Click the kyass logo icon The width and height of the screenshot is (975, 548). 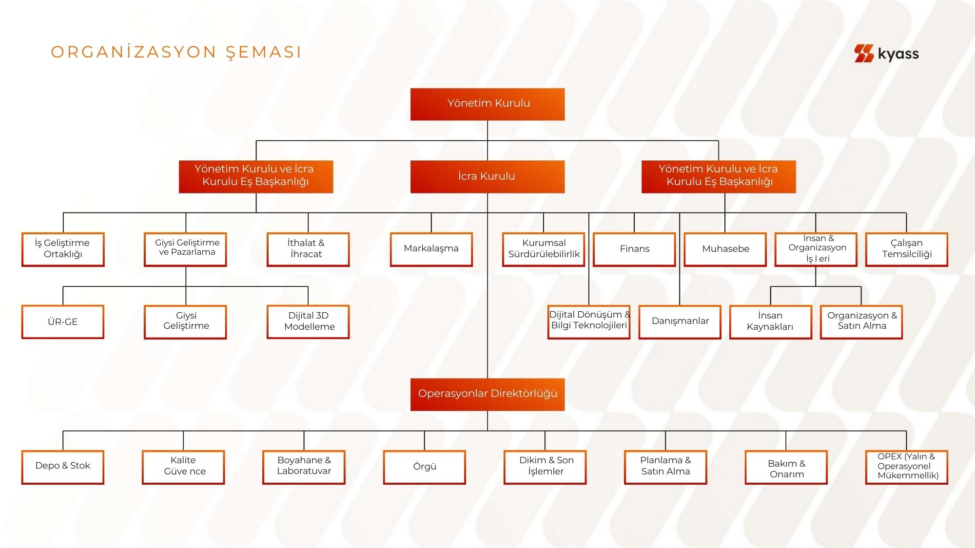(x=863, y=53)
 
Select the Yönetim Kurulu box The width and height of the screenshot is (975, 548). (x=487, y=104)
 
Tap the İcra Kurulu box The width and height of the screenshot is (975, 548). (x=487, y=176)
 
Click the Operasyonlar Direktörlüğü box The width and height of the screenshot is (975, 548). (x=487, y=394)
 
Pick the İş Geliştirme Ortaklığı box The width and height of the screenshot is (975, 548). (x=63, y=249)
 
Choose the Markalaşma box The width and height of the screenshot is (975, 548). (x=431, y=249)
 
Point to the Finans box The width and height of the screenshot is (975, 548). (x=634, y=249)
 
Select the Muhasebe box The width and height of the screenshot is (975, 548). (x=725, y=249)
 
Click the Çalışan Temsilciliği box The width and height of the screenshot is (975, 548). (x=906, y=249)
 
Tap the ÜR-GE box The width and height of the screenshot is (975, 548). (x=63, y=321)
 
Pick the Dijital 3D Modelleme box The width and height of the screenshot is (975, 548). (x=308, y=321)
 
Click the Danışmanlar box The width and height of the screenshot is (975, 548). (x=680, y=321)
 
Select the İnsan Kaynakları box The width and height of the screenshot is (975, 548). (x=770, y=321)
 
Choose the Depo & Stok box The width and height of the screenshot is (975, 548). (x=63, y=467)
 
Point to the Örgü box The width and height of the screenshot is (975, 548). (x=424, y=467)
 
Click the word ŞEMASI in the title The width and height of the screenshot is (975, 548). (x=263, y=52)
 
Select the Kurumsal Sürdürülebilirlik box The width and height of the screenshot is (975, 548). (x=544, y=249)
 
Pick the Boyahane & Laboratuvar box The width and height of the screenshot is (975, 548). (x=304, y=467)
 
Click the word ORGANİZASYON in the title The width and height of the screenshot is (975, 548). (x=134, y=52)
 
